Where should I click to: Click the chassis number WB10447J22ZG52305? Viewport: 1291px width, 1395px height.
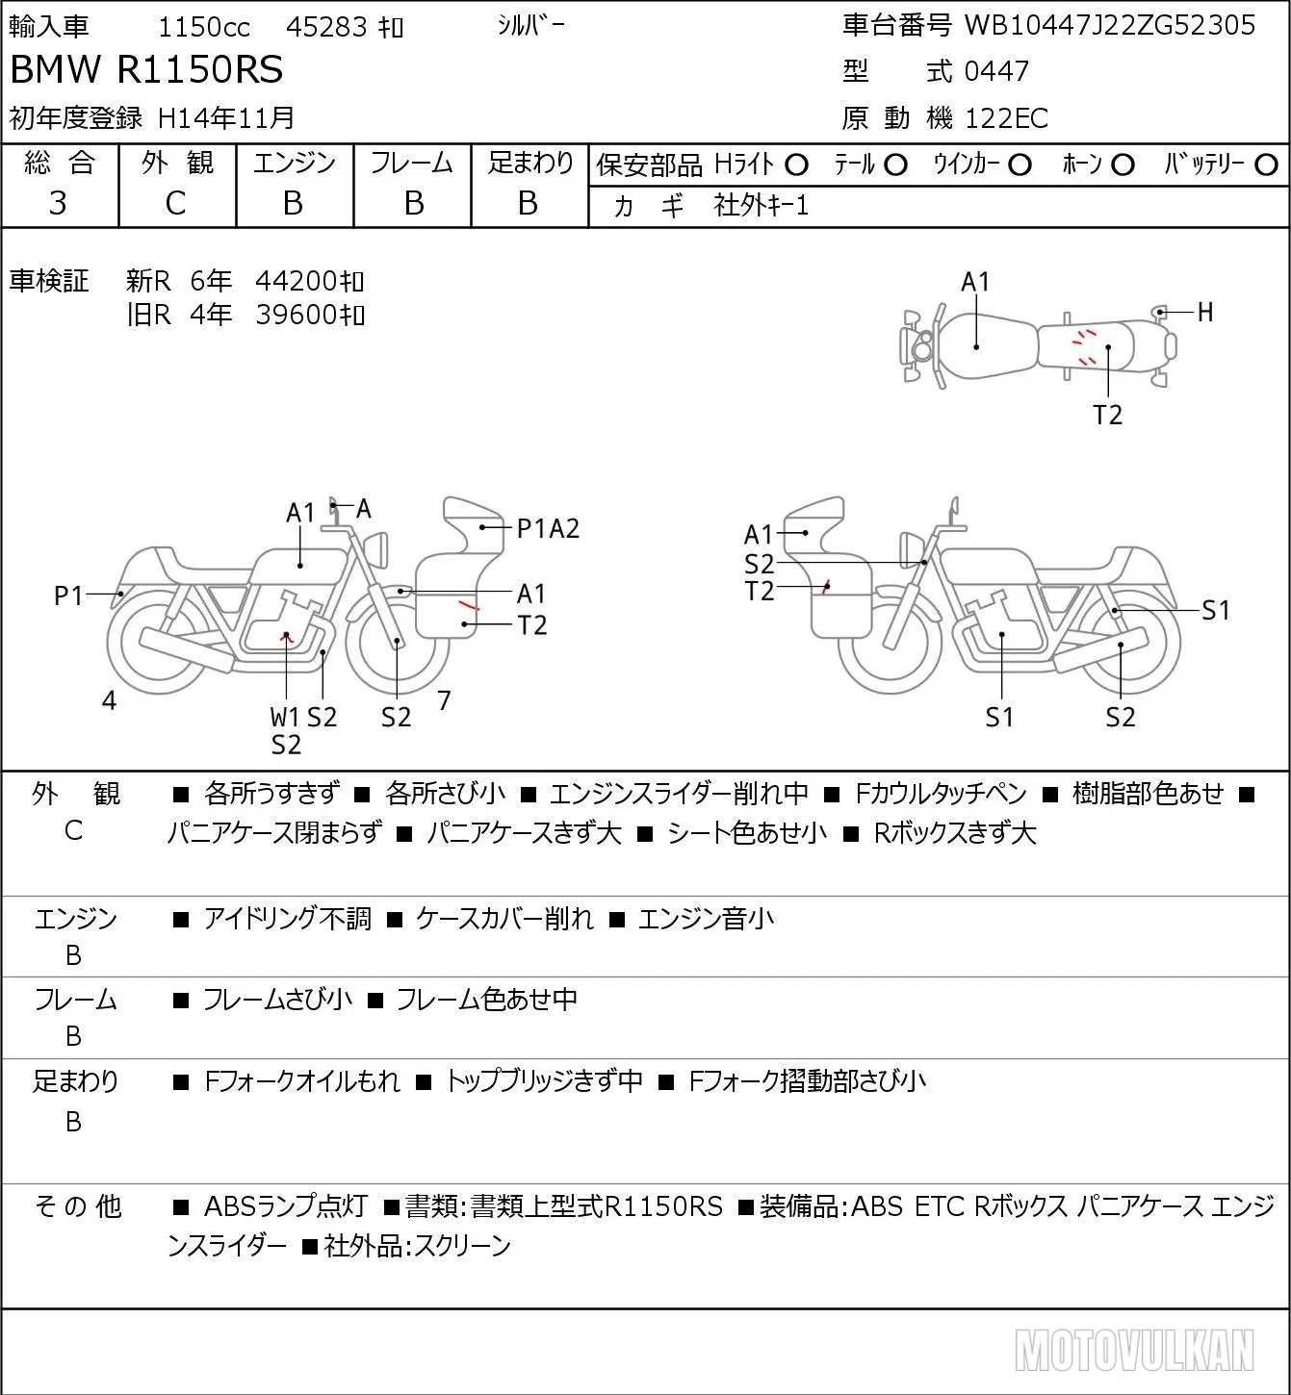point(1109,25)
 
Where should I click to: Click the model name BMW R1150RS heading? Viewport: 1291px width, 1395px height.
point(146,69)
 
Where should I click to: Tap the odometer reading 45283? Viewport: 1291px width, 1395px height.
point(326,27)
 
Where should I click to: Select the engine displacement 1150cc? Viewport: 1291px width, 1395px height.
point(204,27)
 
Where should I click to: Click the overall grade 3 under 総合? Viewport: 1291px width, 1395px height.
point(58,203)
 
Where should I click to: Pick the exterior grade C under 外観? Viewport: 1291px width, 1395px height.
point(176,204)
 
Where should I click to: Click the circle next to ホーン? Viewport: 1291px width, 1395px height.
point(1123,165)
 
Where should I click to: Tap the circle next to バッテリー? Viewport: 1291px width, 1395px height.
point(1266,165)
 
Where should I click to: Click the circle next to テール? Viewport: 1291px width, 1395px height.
point(895,165)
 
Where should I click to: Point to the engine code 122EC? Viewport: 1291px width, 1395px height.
point(1006,118)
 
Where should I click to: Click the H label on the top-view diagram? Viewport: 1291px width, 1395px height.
point(1205,312)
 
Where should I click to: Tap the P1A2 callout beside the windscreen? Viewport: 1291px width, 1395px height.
point(549,529)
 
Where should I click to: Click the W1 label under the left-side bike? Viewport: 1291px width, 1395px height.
point(285,717)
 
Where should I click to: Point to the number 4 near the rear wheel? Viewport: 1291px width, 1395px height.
point(109,700)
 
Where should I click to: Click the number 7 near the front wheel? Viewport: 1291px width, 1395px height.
point(444,699)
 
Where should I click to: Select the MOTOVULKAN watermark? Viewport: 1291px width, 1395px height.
point(1135,1350)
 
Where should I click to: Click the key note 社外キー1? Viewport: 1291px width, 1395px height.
point(762,206)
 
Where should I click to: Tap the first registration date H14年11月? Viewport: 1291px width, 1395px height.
point(225,117)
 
